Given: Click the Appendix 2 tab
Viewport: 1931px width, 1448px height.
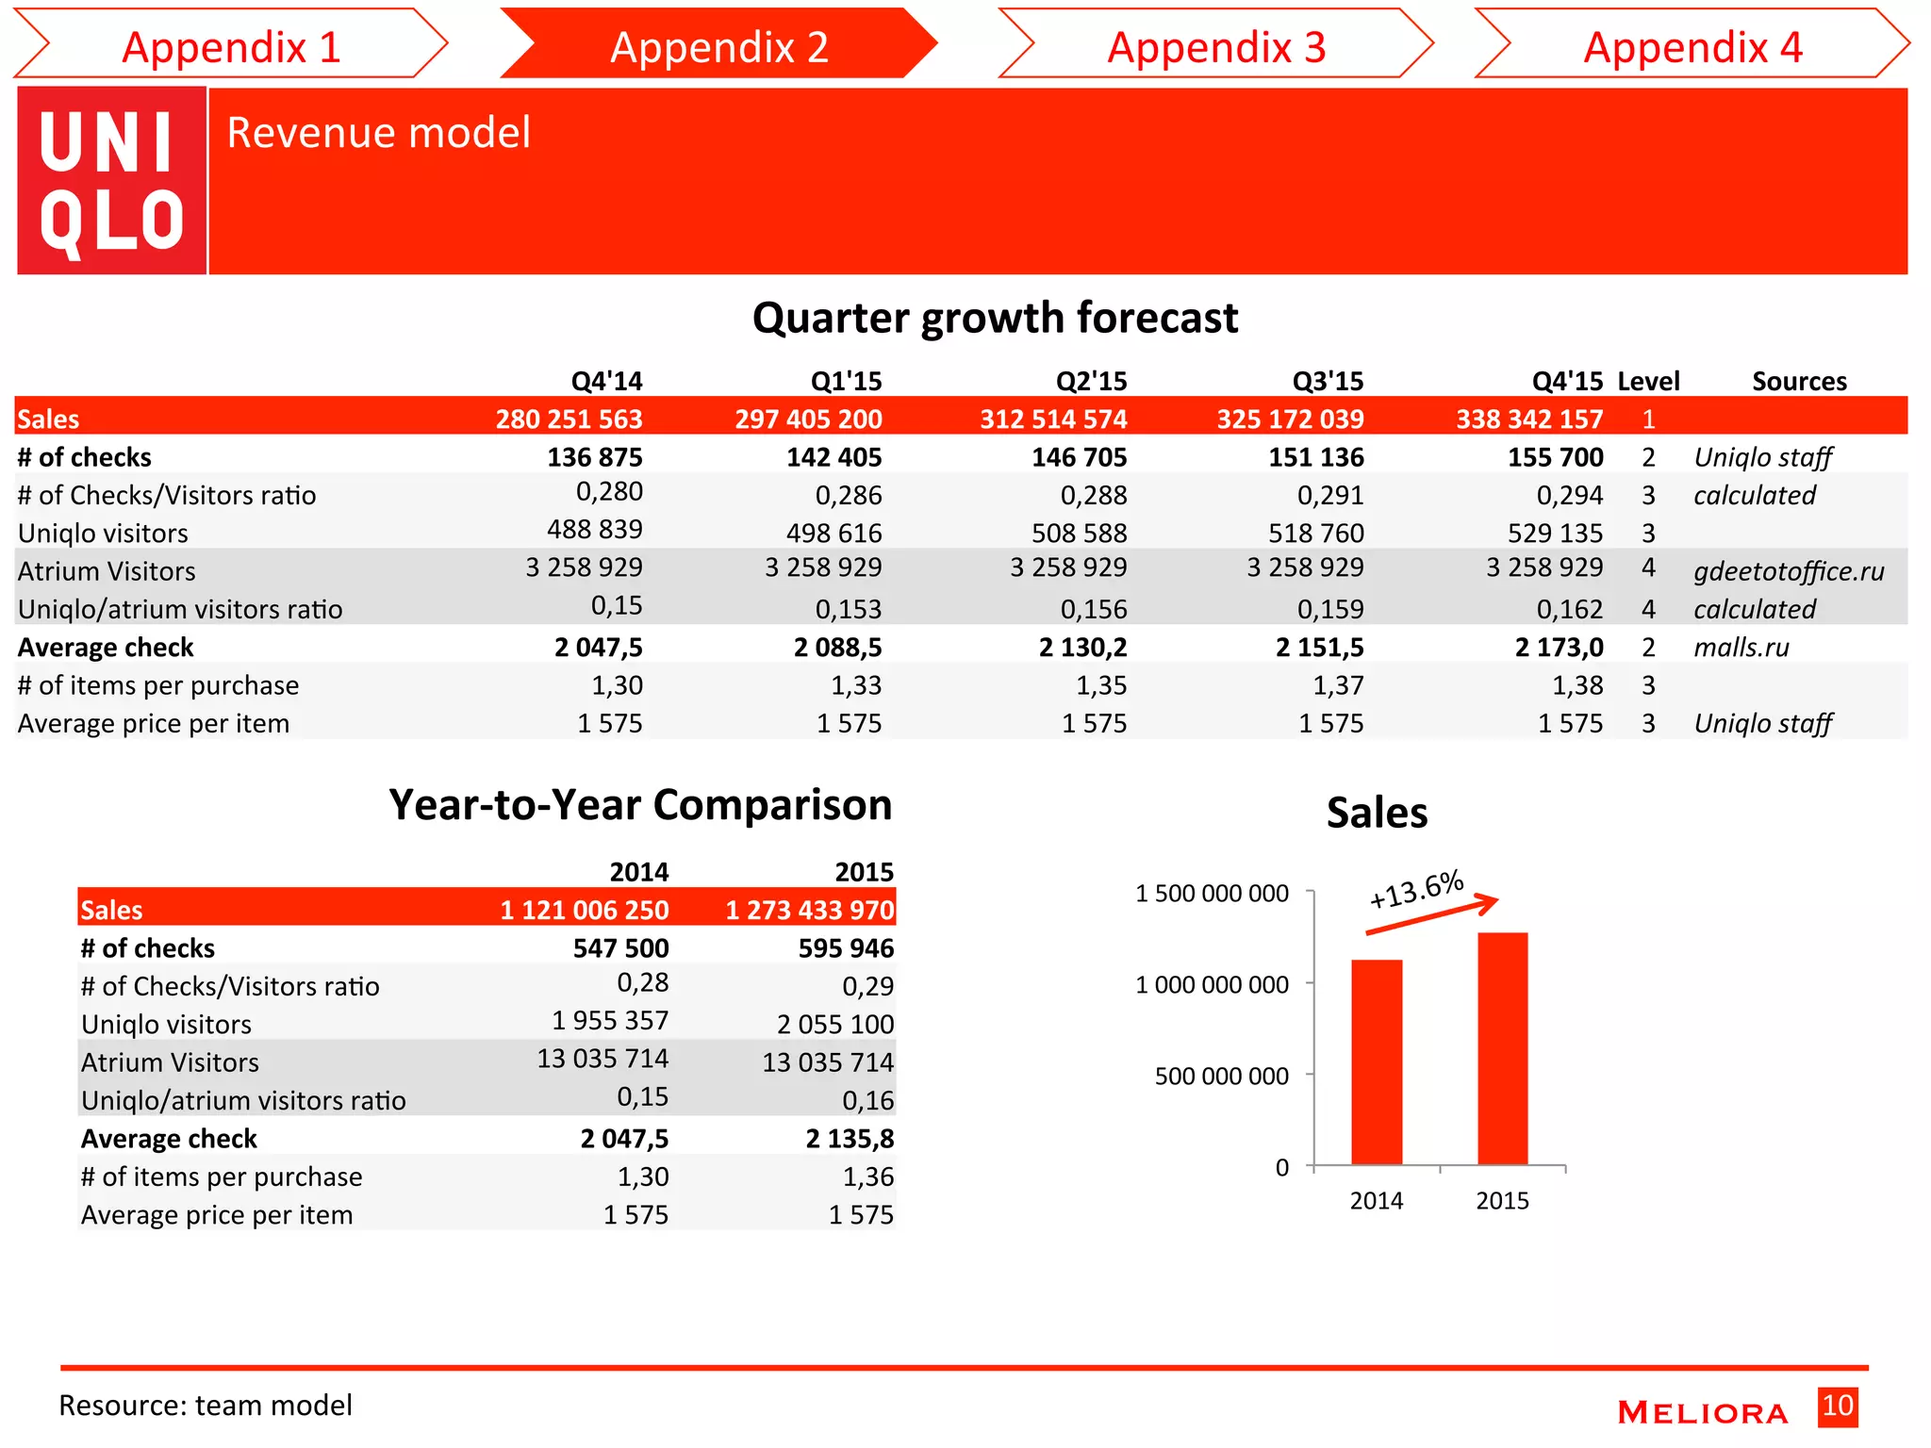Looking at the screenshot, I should tap(718, 46).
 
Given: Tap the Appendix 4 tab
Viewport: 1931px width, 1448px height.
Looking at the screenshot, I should tap(1692, 46).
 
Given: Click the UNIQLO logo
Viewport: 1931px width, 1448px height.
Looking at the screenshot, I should tap(111, 181).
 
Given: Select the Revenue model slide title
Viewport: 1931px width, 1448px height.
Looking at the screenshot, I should tap(378, 132).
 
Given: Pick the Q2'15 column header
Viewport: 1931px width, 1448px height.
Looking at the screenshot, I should tap(1091, 381).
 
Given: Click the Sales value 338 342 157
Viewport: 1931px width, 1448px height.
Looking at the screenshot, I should tap(1528, 419).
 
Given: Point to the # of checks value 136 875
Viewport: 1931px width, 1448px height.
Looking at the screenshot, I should tap(594, 457).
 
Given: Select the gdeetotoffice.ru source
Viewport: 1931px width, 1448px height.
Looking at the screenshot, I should tap(1788, 571).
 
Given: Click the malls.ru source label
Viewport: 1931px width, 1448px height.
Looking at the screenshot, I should tap(1741, 648).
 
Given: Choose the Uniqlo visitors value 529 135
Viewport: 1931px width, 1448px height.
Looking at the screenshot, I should tap(1555, 534).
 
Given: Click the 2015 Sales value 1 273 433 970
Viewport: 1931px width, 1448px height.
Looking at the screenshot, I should tap(809, 910).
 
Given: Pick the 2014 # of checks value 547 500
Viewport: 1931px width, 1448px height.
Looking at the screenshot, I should tap(620, 948).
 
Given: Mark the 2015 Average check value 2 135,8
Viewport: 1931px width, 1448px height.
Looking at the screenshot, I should tap(849, 1139).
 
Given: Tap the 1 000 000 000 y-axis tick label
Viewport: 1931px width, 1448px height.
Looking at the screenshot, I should tap(1212, 985).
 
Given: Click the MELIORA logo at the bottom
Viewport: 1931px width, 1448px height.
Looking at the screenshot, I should tap(1702, 1412).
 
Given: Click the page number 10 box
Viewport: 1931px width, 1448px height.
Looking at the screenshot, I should tap(1837, 1407).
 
